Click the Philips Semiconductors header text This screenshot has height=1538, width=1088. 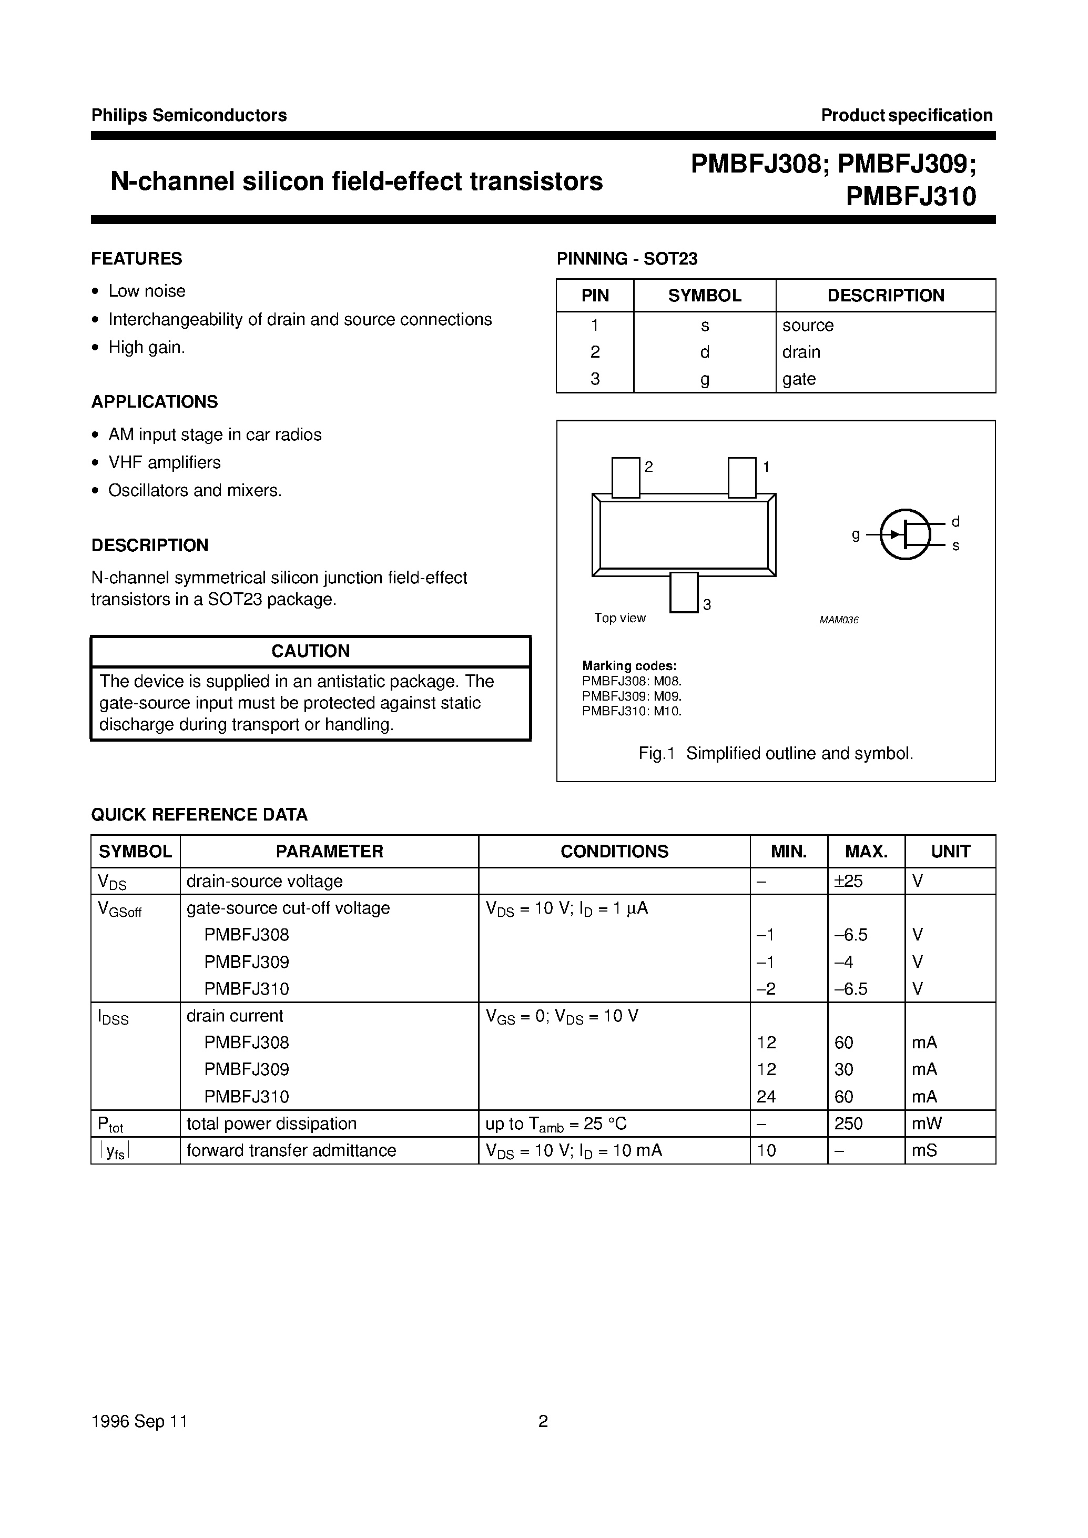pos(188,115)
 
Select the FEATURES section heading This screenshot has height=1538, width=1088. pos(137,259)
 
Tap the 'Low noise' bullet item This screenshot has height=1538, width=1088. pos(147,291)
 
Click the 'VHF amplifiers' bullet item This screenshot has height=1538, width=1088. pos(164,462)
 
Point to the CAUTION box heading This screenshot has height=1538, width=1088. pos(310,651)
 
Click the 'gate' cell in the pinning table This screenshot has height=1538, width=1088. pos(799,379)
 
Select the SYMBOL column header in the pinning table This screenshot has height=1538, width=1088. pos(704,296)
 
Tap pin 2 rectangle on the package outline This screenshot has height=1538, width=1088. pos(626,477)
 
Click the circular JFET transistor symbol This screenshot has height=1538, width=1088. pos(904,534)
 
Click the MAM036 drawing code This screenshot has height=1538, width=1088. pos(839,620)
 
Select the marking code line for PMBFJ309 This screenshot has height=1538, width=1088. pos(631,696)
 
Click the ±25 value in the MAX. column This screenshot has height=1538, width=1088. pos(848,881)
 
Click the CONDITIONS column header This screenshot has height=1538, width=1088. pos(614,851)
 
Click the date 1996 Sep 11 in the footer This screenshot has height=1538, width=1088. pos(139,1421)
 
